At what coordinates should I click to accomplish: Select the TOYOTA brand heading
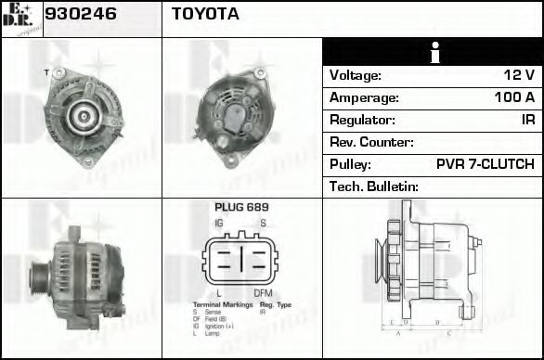pyautogui.click(x=205, y=15)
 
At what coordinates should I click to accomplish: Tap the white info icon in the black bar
pyautogui.click(x=433, y=53)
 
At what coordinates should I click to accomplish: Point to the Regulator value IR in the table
pyautogui.click(x=527, y=120)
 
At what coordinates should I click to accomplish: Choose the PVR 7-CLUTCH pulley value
pyautogui.click(x=485, y=164)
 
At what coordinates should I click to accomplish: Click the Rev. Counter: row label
pyautogui.click(x=371, y=142)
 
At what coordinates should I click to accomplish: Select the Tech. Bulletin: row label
pyautogui.click(x=374, y=186)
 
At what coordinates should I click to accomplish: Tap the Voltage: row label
pyautogui.click(x=356, y=75)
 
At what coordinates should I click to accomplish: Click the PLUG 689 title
pyautogui.click(x=241, y=208)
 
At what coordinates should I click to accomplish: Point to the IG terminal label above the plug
pyautogui.click(x=218, y=224)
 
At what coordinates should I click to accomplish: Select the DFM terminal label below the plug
pyautogui.click(x=264, y=294)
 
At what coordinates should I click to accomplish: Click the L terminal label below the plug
pyautogui.click(x=219, y=294)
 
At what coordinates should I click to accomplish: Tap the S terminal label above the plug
pyautogui.click(x=264, y=224)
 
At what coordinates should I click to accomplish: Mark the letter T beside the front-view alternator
pyautogui.click(x=46, y=71)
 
